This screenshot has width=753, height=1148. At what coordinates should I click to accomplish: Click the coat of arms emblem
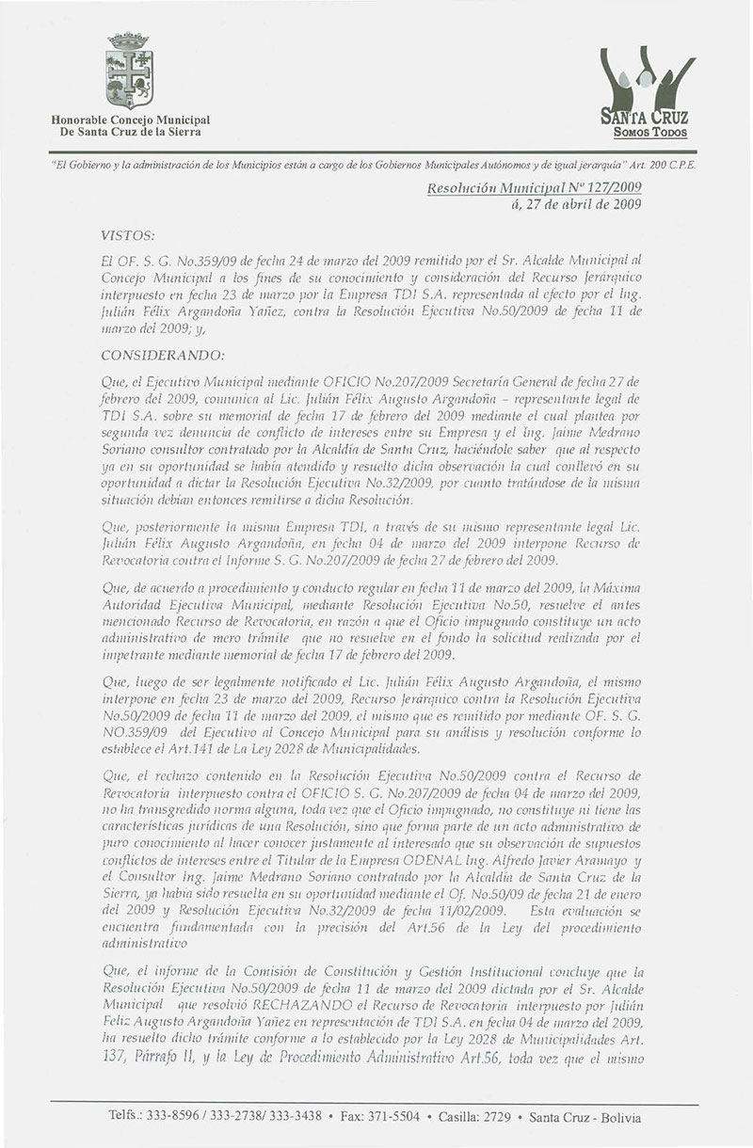point(130,72)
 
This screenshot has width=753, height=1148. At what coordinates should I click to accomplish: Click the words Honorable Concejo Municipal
point(130,120)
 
